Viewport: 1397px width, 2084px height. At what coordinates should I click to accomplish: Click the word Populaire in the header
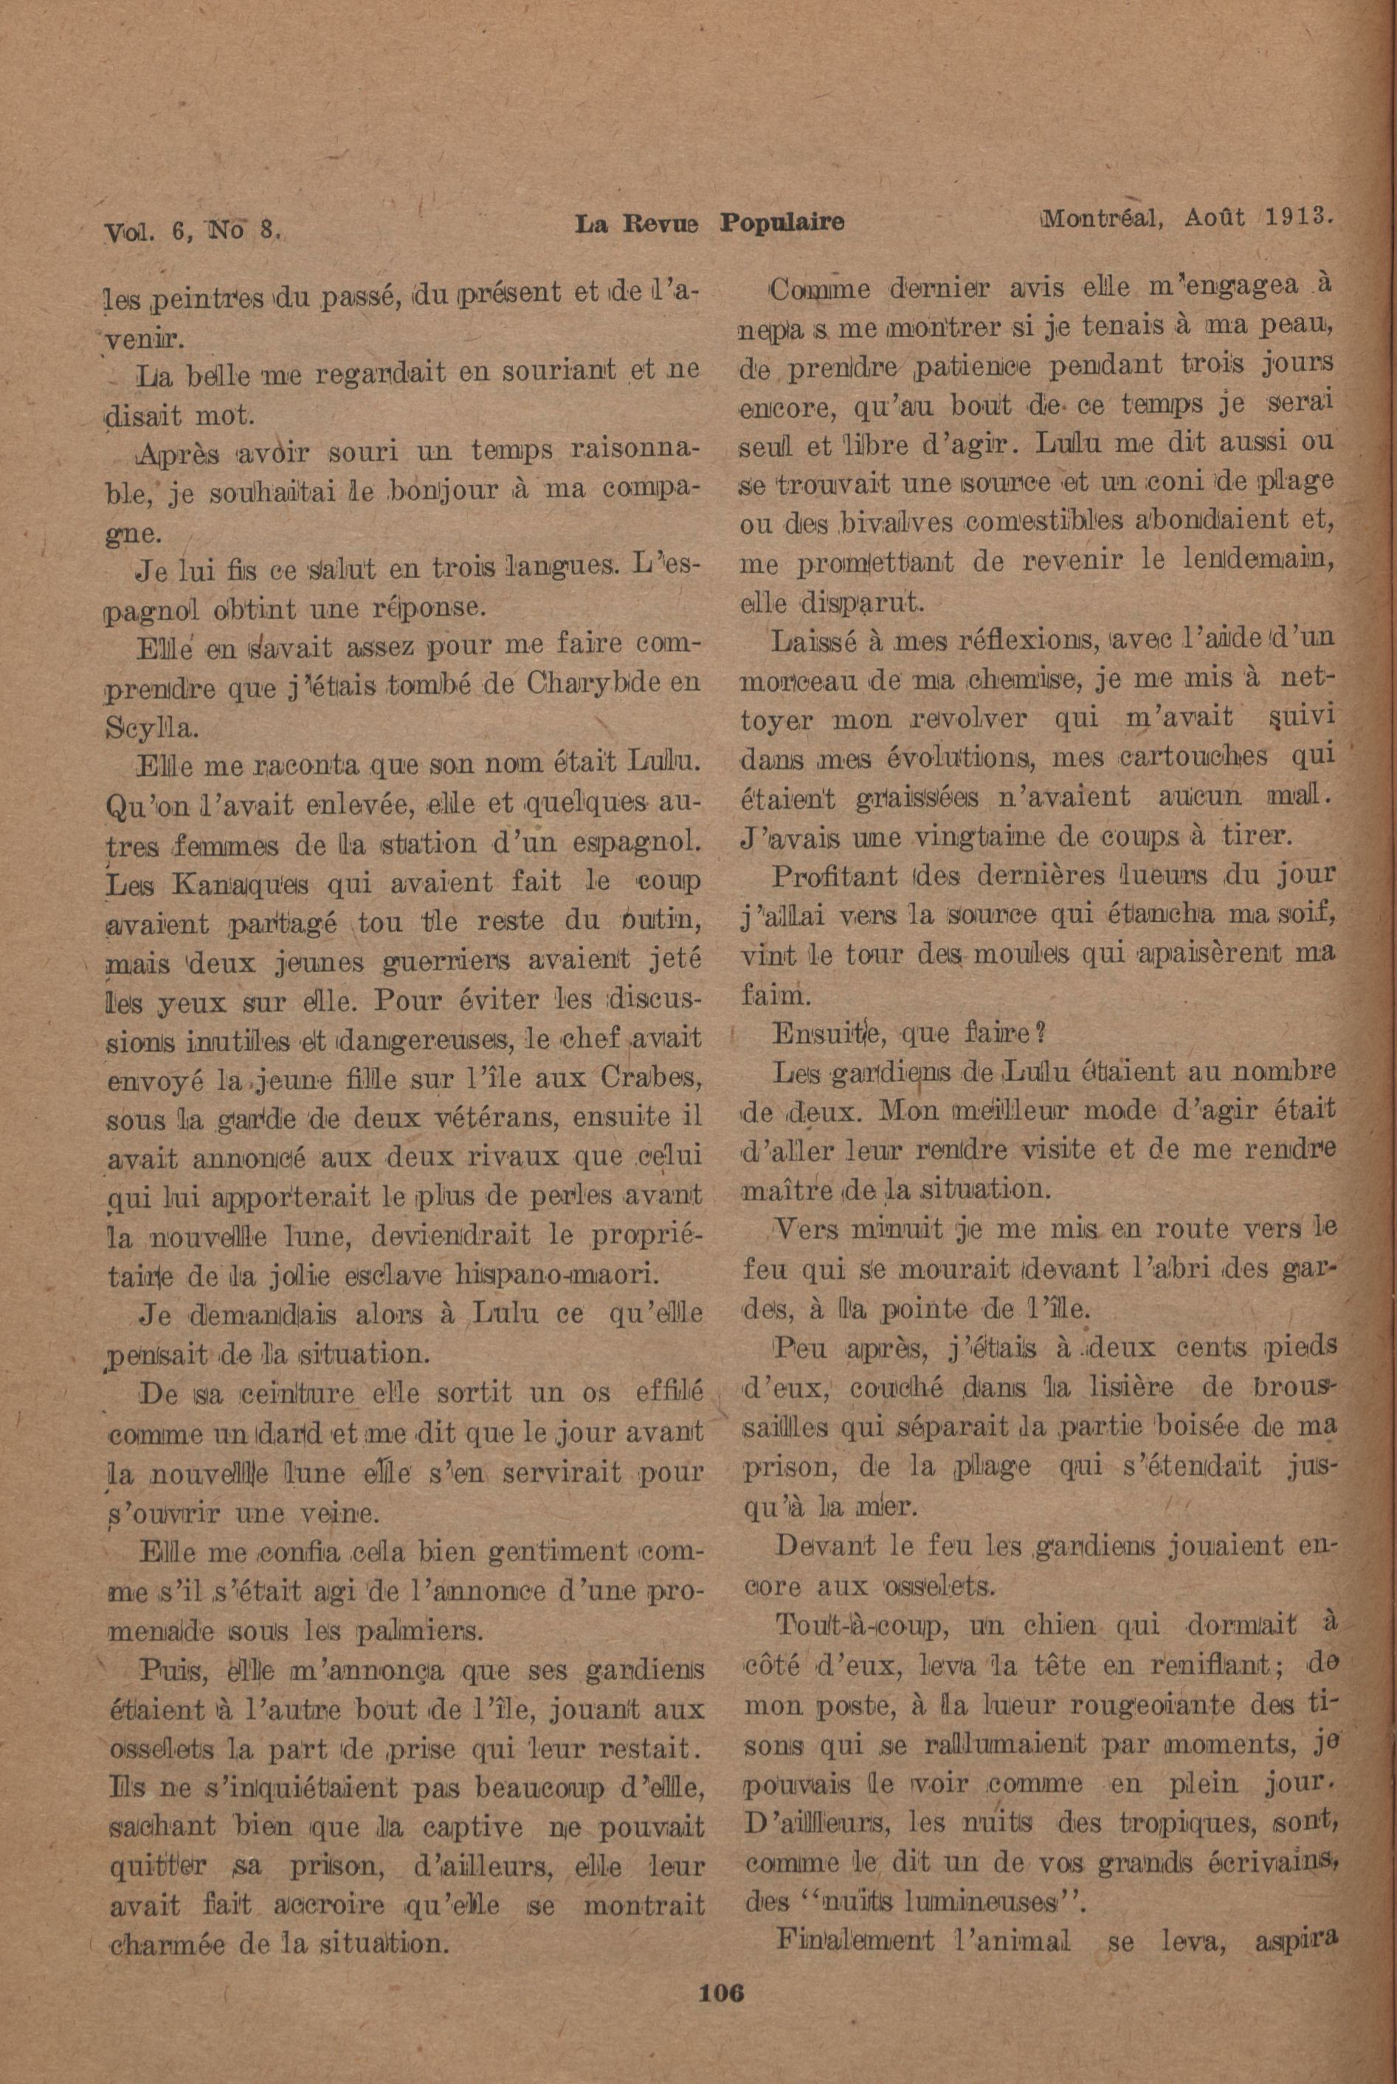point(782,222)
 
